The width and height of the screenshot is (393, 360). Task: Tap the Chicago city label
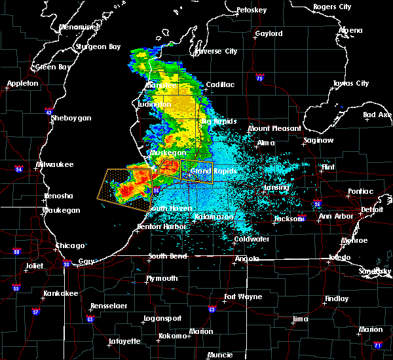pos(69,245)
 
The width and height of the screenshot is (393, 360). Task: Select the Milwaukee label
pos(55,164)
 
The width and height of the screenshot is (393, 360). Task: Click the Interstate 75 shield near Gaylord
pos(260,77)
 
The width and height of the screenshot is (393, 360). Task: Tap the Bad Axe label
pos(377,115)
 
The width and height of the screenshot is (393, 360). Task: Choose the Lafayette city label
pos(124,341)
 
